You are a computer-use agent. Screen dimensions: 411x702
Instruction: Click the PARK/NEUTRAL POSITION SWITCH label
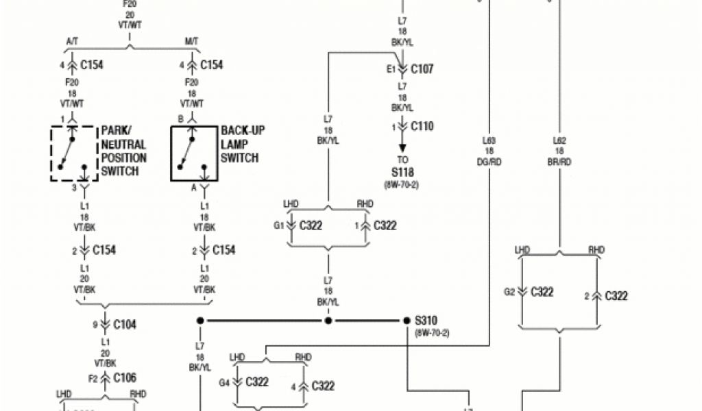pyautogui.click(x=123, y=151)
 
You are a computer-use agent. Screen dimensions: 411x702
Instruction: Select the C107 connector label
pyautogui.click(x=422, y=69)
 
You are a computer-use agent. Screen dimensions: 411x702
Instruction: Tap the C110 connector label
pyautogui.click(x=422, y=127)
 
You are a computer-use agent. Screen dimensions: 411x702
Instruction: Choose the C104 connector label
pyautogui.click(x=124, y=325)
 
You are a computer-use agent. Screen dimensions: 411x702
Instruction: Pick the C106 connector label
pyautogui.click(x=124, y=377)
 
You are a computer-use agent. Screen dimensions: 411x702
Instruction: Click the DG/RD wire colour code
pyautogui.click(x=490, y=162)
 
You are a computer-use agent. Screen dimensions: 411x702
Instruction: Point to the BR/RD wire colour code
pyautogui.click(x=559, y=162)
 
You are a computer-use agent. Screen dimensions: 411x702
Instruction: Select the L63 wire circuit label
pyautogui.click(x=490, y=141)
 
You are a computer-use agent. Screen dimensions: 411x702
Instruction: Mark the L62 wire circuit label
pyautogui.click(x=559, y=141)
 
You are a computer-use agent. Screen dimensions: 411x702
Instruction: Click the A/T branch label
pyautogui.click(x=72, y=42)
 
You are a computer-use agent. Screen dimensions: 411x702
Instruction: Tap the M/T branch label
pyautogui.click(x=191, y=42)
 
